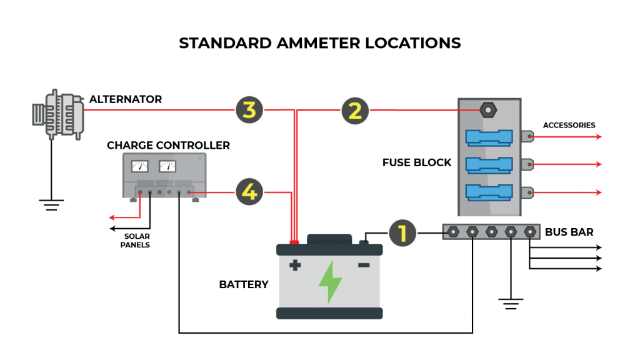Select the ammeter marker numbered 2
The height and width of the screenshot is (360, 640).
pos(355,111)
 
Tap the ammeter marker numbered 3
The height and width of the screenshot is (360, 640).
pos(249,111)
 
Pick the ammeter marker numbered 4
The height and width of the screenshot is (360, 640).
pos(249,192)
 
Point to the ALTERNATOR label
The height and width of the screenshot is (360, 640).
pos(126,99)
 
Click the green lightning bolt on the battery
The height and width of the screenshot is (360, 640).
pos(330,282)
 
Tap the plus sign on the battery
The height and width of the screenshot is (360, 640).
pos(295,266)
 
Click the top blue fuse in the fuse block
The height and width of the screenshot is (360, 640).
pos(489,136)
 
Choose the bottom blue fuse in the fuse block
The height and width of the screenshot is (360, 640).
pos(489,191)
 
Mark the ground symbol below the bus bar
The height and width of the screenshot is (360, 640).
pos(511,304)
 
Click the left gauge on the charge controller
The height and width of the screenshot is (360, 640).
pos(139,166)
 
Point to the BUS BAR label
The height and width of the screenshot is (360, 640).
pos(569,232)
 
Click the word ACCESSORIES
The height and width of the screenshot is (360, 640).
pos(569,125)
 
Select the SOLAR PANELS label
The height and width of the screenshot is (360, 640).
pos(136,241)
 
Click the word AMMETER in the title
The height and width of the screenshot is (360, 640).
pos(320,43)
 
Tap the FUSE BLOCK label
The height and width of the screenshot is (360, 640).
pos(416,162)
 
